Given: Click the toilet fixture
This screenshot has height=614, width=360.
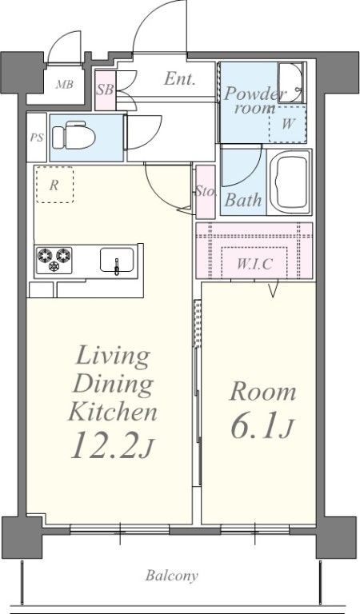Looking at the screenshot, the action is pyautogui.click(x=74, y=136).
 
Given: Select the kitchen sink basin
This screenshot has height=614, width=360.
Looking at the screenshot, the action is pyautogui.click(x=117, y=260).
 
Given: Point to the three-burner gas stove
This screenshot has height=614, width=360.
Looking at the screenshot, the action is pyautogui.click(x=54, y=260).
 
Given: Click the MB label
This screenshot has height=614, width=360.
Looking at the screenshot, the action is pyautogui.click(x=64, y=84).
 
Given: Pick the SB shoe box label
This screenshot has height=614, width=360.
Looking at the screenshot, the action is pyautogui.click(x=105, y=90).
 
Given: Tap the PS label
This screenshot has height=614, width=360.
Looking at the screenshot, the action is pyautogui.click(x=37, y=138).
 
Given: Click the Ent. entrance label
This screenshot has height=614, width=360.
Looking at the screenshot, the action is pyautogui.click(x=179, y=78).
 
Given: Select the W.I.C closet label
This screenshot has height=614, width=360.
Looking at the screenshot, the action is pyautogui.click(x=254, y=265).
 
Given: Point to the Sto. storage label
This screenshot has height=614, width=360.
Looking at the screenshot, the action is pyautogui.click(x=206, y=192).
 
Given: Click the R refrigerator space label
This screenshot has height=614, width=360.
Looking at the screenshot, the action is pyautogui.click(x=54, y=185).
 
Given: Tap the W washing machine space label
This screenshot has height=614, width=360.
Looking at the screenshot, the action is pyautogui.click(x=288, y=124).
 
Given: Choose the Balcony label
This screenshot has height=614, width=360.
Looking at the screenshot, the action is pyautogui.click(x=172, y=576).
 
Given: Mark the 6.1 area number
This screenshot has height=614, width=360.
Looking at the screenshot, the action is pyautogui.click(x=255, y=425).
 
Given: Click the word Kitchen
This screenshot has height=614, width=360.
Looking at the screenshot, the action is pyautogui.click(x=113, y=410).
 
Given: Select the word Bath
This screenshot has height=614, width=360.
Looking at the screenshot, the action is pyautogui.click(x=243, y=200).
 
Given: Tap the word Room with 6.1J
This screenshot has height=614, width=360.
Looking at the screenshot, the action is pyautogui.click(x=262, y=393).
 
